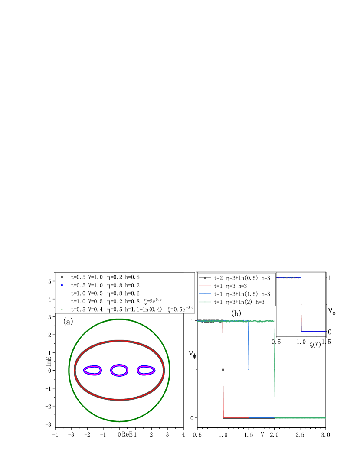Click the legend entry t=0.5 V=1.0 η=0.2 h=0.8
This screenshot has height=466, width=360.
point(105,277)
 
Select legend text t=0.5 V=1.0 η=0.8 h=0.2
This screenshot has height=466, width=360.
point(105,285)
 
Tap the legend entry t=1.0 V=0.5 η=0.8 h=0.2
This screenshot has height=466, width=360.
point(105,293)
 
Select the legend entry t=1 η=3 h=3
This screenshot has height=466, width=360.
point(230,286)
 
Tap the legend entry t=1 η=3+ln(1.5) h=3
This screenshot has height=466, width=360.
point(242,294)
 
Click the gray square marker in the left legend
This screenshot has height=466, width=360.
point(62,277)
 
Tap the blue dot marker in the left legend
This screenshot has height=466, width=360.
point(62,285)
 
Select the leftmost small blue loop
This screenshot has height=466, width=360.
point(92,370)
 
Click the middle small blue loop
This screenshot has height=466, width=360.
point(119,370)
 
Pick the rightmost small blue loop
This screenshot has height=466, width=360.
point(146,370)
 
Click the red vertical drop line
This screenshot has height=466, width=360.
point(223,368)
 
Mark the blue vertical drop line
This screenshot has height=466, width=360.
point(249,368)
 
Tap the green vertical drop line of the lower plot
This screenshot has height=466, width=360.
point(275,368)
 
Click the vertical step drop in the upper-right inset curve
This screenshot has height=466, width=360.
point(301,303)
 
